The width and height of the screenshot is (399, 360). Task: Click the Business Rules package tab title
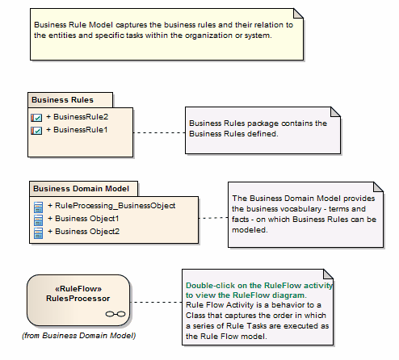(61, 100)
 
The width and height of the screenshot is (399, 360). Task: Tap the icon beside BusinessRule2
(36, 118)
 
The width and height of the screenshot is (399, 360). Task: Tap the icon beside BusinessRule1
(36, 130)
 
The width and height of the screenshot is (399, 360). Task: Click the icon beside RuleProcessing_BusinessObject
(38, 206)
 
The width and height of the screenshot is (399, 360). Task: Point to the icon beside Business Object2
(38, 232)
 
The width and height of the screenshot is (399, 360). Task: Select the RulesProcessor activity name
(78, 297)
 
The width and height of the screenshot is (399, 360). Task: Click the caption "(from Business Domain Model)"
(78, 335)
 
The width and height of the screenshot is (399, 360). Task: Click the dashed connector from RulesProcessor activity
(155, 302)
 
